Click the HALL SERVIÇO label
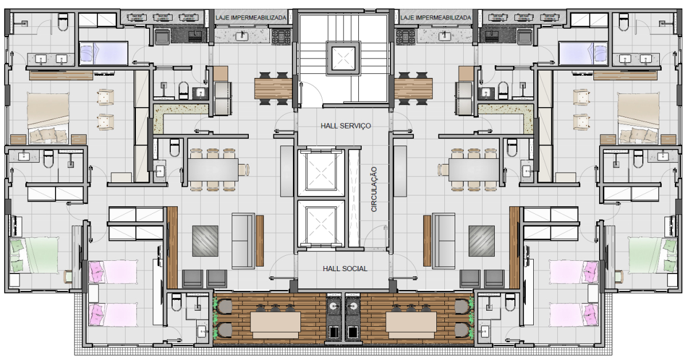coord(346,126)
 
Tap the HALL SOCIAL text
coord(345,268)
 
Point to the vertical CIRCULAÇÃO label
coord(374,189)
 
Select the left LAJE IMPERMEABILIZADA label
coord(251,18)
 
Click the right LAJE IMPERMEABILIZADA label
coord(436,18)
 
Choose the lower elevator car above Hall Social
coord(321,224)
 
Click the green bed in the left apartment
coord(34,255)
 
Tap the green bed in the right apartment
coord(653,255)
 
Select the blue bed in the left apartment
coord(104,53)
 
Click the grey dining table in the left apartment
coord(213,170)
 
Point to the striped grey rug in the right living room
coord(482,241)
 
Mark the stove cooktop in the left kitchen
coord(282,37)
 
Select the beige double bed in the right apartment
coord(639,118)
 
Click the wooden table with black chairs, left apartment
coord(273,88)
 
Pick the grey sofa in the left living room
coord(243,241)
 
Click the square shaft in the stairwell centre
coord(343,58)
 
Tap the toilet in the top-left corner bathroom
coord(63,22)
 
